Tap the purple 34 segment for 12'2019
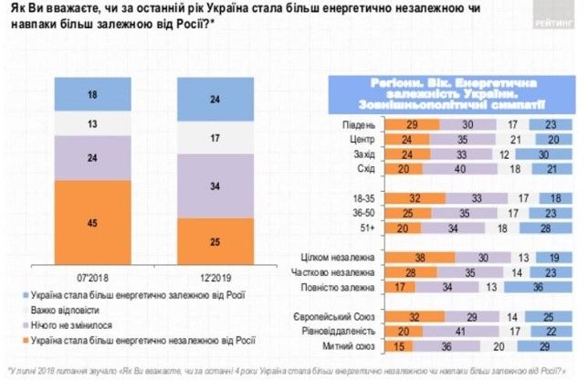pyautogui.click(x=214, y=186)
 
